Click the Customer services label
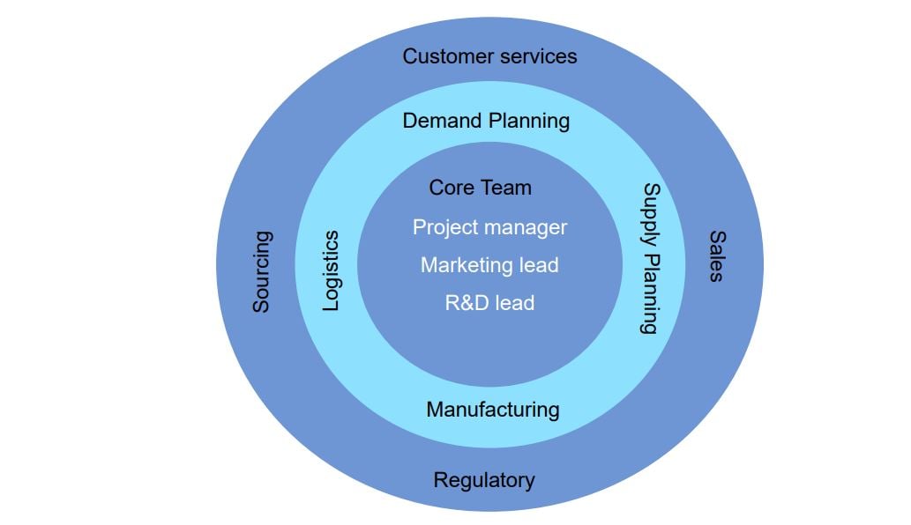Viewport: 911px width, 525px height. [489, 56]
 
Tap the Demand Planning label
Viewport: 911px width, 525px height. [486, 121]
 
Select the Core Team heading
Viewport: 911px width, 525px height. [480, 188]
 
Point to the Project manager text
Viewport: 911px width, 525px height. [489, 227]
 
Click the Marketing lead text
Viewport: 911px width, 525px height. [489, 265]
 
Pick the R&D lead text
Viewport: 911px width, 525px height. [489, 303]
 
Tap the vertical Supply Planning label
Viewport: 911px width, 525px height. [650, 258]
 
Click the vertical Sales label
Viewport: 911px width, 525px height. [716, 256]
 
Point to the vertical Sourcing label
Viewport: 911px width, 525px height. [262, 271]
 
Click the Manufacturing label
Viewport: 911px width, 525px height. [492, 410]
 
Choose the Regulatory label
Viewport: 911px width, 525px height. [483, 481]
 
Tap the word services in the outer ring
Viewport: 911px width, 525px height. [535, 56]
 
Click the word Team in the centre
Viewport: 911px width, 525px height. [506, 188]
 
